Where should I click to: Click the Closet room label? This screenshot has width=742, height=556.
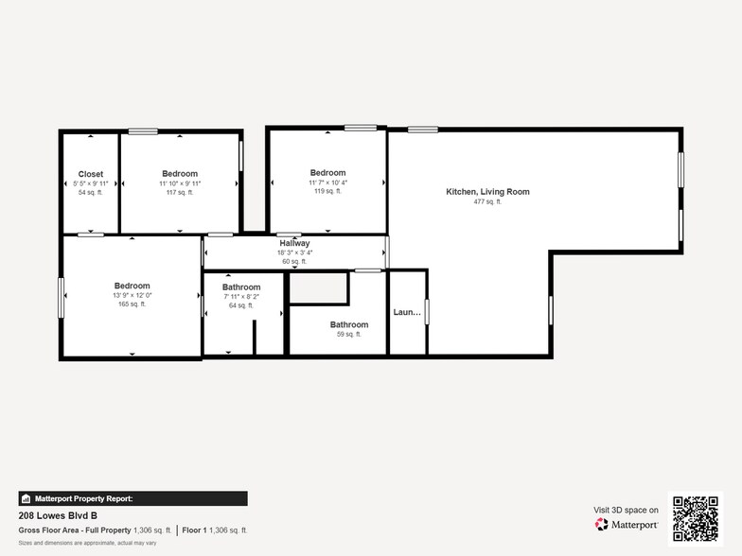tap(91, 174)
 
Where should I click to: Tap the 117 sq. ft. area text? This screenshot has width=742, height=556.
tap(180, 192)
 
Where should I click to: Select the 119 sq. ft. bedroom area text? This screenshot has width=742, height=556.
tap(327, 191)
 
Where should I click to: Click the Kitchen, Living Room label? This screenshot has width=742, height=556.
tap(487, 192)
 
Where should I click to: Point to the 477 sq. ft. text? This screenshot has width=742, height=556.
tap(487, 202)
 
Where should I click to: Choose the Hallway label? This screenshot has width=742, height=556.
tap(294, 243)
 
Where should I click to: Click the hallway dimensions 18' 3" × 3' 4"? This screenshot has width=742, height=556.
tap(294, 252)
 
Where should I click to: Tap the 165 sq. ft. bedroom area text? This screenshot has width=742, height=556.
tap(132, 304)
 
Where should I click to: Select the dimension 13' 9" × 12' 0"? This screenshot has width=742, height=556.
tap(132, 295)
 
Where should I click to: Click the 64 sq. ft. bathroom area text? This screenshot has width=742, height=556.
tap(241, 305)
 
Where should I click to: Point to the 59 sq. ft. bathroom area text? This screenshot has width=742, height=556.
tap(349, 334)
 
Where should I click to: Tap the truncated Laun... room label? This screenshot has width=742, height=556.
tap(407, 311)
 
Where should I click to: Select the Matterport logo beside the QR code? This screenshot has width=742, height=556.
tap(627, 524)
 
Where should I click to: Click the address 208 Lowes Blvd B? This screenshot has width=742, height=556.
tap(58, 516)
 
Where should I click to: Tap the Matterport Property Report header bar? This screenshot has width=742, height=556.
tap(132, 498)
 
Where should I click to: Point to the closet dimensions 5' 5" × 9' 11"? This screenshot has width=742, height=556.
tap(91, 183)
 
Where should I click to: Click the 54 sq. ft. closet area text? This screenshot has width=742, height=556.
tap(91, 192)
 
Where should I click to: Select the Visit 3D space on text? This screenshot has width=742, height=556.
tap(626, 510)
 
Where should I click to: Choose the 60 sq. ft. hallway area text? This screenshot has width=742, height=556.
tap(294, 261)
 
